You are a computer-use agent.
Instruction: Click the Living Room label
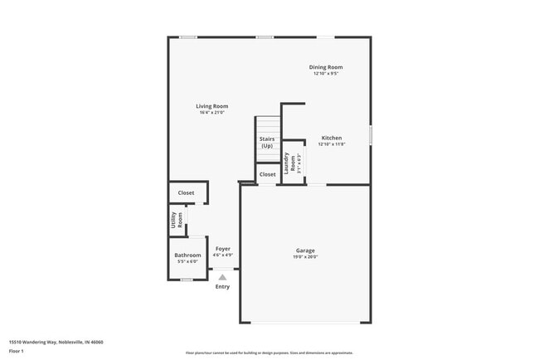[211, 106]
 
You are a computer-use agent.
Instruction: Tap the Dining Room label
[326, 67]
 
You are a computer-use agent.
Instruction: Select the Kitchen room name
[332, 138]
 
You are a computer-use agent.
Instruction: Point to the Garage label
[305, 251]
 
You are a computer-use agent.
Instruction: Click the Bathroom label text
[187, 255]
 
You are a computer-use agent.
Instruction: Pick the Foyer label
[223, 249]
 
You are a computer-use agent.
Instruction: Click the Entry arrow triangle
[222, 277]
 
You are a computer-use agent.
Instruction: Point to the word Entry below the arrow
[222, 287]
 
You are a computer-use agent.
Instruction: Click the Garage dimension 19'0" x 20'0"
[305, 257]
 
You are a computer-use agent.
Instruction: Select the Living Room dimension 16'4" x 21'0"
[211, 113]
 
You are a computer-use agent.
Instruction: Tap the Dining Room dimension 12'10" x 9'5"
[326, 74]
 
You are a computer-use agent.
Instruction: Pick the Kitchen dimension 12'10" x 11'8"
[332, 144]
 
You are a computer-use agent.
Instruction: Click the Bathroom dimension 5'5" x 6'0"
[187, 262]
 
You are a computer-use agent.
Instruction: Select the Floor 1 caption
[17, 351]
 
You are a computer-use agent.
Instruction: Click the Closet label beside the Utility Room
[187, 192]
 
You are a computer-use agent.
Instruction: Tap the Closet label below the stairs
[268, 175]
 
